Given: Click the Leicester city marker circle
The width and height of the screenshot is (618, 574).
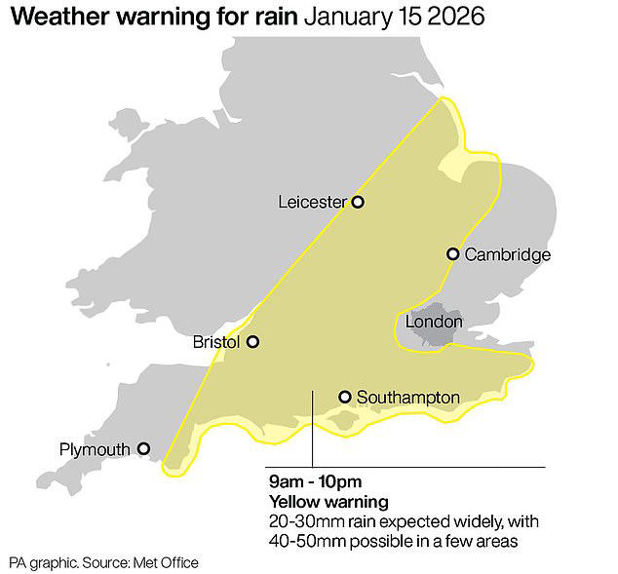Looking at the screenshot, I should click(x=358, y=202).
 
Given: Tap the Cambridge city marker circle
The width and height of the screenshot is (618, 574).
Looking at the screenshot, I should click(x=452, y=254).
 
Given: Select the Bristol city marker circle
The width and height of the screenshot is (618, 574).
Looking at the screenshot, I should click(x=252, y=342).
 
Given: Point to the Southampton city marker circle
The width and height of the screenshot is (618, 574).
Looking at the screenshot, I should click(x=345, y=397).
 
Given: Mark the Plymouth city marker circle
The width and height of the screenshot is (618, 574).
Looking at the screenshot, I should click(x=143, y=449).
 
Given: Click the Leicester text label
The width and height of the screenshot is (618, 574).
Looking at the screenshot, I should click(x=312, y=203).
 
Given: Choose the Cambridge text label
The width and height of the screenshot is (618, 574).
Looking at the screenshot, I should click(x=507, y=255).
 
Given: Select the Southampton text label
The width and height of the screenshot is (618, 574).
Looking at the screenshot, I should click(x=407, y=398).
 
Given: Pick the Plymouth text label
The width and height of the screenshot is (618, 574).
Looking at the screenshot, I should click(x=95, y=450).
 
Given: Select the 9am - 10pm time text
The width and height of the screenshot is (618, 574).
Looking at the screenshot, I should click(x=314, y=482).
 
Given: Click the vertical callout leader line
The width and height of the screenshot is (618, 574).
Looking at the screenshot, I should click(x=312, y=429).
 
